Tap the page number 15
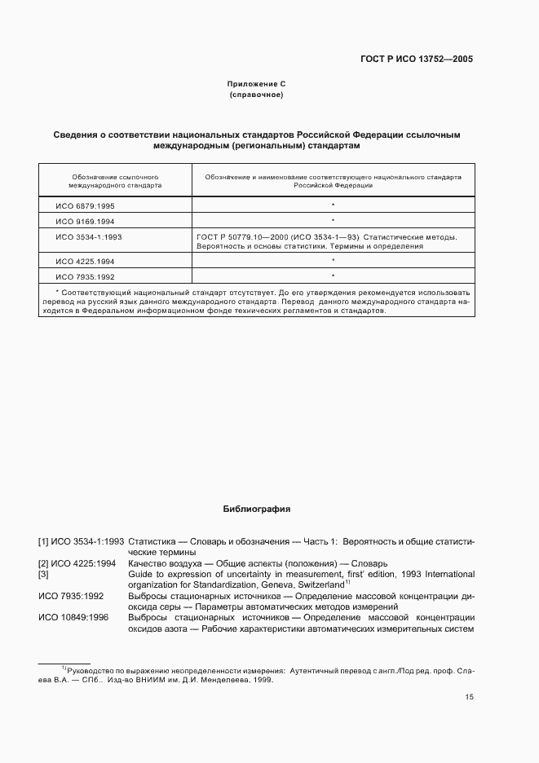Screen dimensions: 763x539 click(x=469, y=697)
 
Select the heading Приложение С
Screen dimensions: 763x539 click(x=256, y=84)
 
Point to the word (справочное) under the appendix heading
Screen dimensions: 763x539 click(x=256, y=95)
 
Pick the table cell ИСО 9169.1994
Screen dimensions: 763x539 click(x=85, y=221)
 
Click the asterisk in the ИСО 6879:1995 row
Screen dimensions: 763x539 click(x=334, y=206)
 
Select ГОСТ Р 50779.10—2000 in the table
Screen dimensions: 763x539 click(x=236, y=236)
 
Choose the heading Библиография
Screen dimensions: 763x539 click(x=257, y=509)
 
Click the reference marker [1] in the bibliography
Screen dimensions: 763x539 click(x=43, y=541)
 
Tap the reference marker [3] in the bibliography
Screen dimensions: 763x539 click(x=43, y=574)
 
